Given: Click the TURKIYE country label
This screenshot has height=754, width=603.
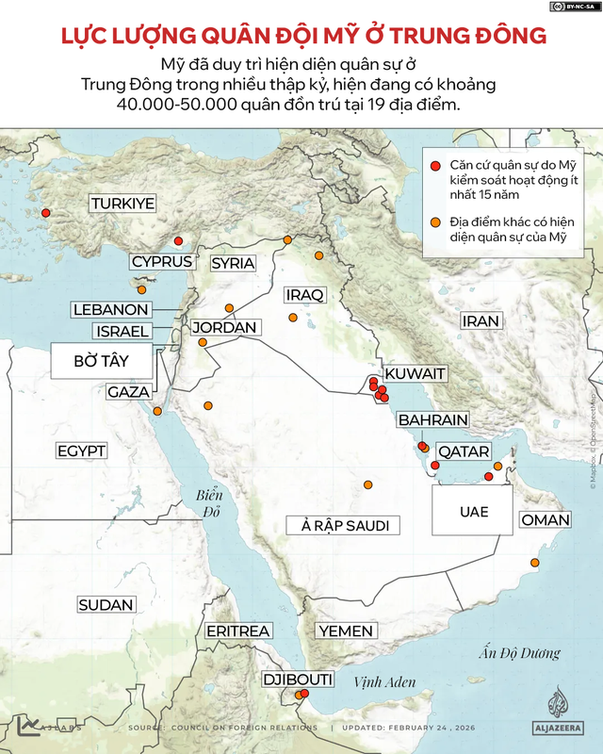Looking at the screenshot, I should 123,203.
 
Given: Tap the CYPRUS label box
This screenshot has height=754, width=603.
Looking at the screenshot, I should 162,262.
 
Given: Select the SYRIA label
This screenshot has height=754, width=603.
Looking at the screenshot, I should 233,263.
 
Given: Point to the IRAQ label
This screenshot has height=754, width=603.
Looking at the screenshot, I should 304,295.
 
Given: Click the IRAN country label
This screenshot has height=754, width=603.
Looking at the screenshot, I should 480,321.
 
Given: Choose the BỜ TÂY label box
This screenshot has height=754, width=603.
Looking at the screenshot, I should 101,361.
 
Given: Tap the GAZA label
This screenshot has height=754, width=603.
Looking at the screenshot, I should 126,391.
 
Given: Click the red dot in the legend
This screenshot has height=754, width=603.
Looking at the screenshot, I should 435,165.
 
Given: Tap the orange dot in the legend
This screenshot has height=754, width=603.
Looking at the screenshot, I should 435,222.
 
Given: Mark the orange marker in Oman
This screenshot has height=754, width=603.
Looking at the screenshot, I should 535,563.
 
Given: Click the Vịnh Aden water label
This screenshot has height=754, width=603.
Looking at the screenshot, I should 383,681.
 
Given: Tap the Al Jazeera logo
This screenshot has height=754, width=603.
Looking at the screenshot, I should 562,713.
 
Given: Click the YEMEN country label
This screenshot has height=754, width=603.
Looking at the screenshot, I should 346,631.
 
